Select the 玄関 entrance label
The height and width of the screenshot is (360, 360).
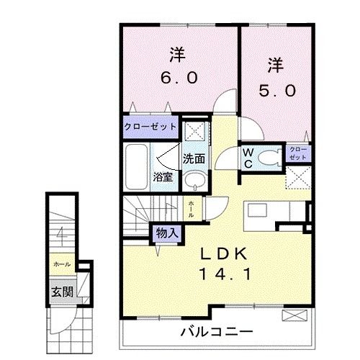[x=60, y=292]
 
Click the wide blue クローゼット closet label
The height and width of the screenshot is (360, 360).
[x=150, y=126]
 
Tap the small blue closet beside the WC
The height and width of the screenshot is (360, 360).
[x=297, y=153]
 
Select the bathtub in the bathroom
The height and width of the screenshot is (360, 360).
[x=137, y=164]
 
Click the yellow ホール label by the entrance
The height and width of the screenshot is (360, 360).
[x=60, y=264]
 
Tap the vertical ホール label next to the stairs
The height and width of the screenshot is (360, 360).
[x=190, y=209]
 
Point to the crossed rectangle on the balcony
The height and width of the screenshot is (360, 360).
[x=294, y=316]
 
